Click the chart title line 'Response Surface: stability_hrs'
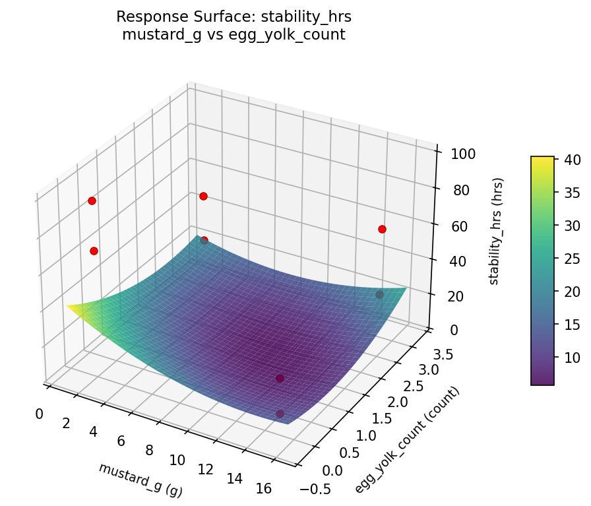point(233,16)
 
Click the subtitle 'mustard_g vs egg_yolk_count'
point(233,35)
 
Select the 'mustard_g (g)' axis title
point(140,480)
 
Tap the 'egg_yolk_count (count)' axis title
point(407,440)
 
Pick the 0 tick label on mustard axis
point(39,414)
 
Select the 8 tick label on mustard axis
point(149,451)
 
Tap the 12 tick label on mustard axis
point(205,469)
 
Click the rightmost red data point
point(382,229)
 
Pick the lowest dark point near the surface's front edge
point(280,414)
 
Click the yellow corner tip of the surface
point(68,305)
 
